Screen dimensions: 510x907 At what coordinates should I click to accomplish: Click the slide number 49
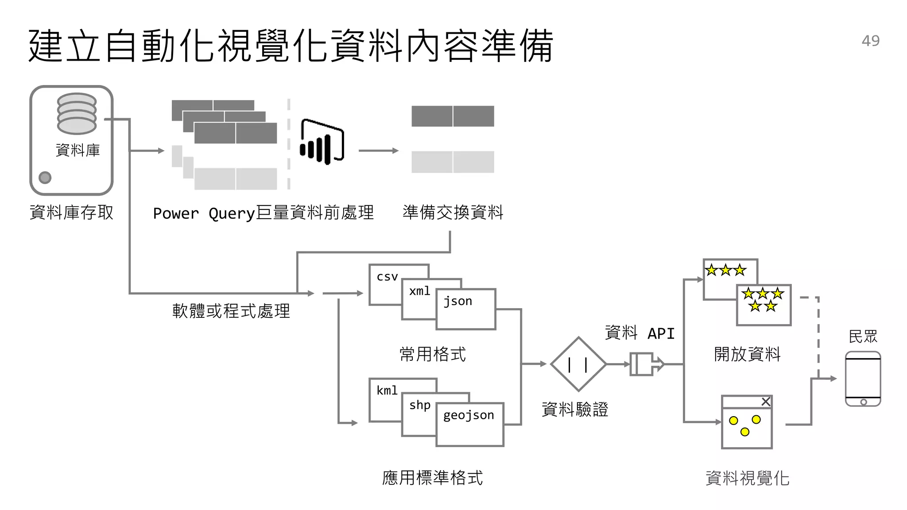tap(870, 41)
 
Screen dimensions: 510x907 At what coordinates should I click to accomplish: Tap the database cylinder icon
tap(77, 113)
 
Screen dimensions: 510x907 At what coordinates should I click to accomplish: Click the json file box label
tap(458, 301)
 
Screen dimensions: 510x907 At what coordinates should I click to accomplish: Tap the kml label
tap(387, 390)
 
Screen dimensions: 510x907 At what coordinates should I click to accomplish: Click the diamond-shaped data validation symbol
tap(578, 364)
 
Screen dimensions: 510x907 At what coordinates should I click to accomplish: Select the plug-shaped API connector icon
tap(646, 364)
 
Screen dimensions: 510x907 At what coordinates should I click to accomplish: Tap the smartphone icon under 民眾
tap(863, 379)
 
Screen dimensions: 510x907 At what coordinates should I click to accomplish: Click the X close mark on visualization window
tap(766, 402)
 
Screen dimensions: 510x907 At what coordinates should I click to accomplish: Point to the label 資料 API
tap(640, 333)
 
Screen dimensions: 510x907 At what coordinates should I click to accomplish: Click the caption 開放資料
tap(747, 354)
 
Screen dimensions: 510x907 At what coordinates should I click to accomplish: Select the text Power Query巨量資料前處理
tap(263, 213)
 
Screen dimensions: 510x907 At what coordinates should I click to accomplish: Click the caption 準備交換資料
tap(453, 212)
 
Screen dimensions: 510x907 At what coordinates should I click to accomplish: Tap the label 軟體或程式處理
tap(231, 311)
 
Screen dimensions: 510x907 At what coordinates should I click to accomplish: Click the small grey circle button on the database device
tap(45, 178)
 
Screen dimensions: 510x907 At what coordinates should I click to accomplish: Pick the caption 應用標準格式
tap(432, 478)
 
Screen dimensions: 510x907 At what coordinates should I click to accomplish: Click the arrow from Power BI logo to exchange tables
tap(378, 151)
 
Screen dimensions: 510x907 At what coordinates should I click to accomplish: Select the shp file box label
tap(419, 405)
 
